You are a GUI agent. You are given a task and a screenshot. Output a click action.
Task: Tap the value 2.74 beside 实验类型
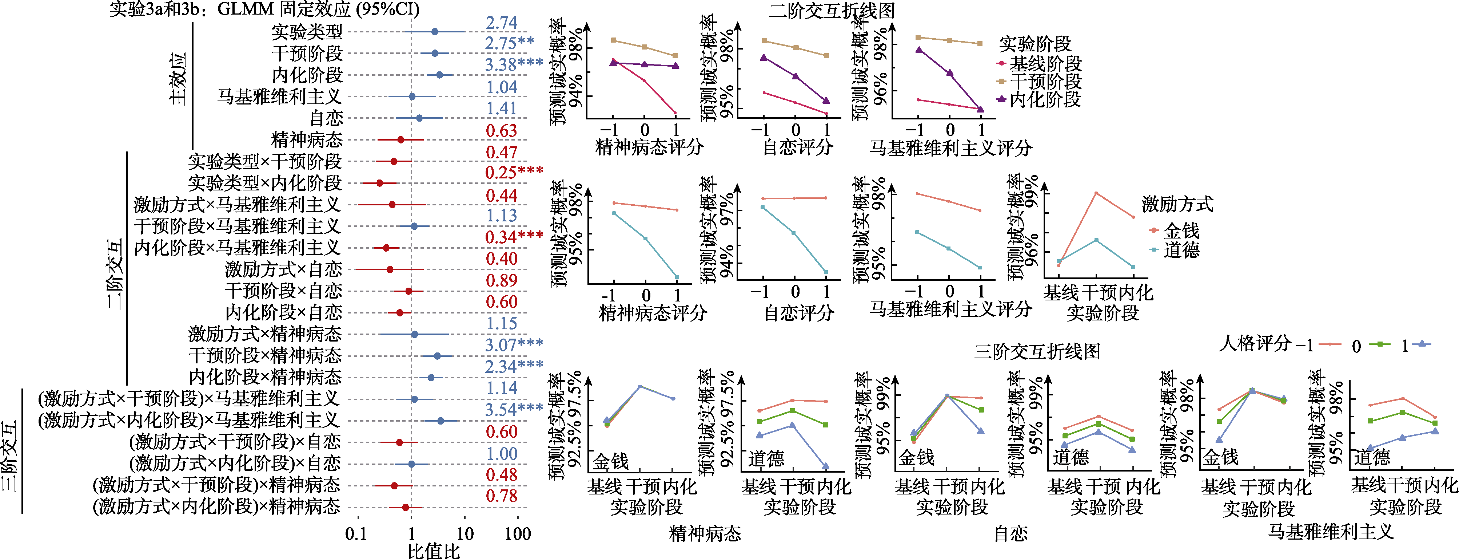[501, 23]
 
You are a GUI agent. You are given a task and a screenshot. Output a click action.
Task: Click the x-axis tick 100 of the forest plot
[518, 533]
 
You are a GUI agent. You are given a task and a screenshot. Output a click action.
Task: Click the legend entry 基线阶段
[1045, 63]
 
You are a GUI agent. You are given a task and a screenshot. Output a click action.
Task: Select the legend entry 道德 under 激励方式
[1181, 249]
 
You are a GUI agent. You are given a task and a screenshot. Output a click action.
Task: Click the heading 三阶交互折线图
[1036, 351]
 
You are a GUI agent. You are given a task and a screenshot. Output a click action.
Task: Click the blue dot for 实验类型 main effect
[434, 32]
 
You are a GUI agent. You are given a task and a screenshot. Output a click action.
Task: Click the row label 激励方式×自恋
[283, 269]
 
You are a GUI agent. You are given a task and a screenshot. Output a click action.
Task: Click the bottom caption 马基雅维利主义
[1330, 532]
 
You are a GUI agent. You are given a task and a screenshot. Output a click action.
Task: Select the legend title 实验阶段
[1035, 44]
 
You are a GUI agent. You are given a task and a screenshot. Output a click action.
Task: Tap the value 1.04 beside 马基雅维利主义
[501, 87]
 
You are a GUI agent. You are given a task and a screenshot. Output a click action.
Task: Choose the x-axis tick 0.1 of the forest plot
[356, 533]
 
